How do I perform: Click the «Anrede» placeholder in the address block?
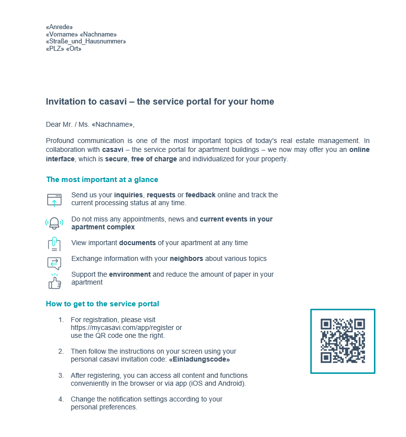click(x=59, y=27)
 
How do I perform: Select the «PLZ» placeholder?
click(x=55, y=49)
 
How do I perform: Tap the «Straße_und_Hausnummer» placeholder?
click(x=86, y=41)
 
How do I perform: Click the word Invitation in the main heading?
click(x=64, y=102)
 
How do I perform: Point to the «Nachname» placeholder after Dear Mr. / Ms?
click(x=112, y=125)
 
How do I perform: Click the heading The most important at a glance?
click(x=102, y=180)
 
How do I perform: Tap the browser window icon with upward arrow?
click(x=54, y=200)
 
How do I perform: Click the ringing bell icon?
click(x=54, y=223)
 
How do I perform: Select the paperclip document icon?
click(x=54, y=244)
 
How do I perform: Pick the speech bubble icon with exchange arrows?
click(x=54, y=263)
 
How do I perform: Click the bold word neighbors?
click(x=186, y=258)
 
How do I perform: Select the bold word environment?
click(x=130, y=274)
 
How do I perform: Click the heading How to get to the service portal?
click(x=103, y=304)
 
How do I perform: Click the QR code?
click(x=343, y=341)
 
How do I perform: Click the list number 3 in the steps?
click(x=61, y=375)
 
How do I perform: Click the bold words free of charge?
click(x=154, y=159)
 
